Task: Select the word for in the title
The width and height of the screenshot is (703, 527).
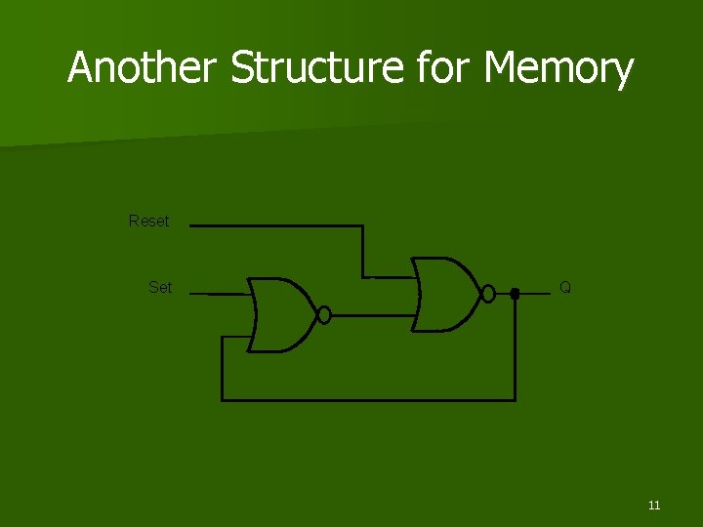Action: [x=445, y=68]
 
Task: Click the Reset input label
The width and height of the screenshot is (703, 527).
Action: [x=148, y=222]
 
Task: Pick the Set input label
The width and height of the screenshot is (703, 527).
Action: [x=160, y=287]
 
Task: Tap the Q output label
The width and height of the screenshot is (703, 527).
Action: [x=565, y=287]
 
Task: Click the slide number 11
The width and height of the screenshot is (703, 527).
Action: [x=653, y=505]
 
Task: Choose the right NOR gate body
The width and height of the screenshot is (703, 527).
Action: [x=445, y=293]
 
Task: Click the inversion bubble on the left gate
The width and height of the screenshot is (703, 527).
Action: [x=325, y=314]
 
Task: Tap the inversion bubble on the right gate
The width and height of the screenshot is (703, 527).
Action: [x=489, y=293]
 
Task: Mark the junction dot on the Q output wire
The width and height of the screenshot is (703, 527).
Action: [x=515, y=293]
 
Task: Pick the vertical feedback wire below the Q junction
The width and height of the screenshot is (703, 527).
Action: [x=515, y=346]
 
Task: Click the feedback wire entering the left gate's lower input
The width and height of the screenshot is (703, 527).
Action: [x=236, y=337]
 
